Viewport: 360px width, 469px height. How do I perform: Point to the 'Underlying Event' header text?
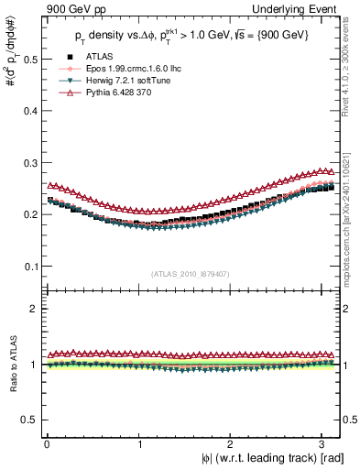pyautogui.click(x=298, y=8)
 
